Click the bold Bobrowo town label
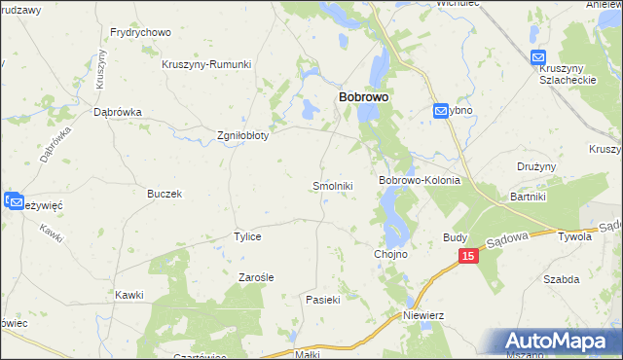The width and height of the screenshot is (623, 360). click(x=364, y=98)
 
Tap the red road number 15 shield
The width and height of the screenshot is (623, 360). click(x=468, y=256)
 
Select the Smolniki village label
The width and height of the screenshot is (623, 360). click(x=332, y=185)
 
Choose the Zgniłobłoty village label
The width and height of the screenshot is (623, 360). click(x=241, y=135)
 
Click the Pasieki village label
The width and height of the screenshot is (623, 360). click(x=322, y=300)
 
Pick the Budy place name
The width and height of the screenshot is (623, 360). click(x=455, y=236)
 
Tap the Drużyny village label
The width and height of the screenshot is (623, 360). click(x=536, y=166)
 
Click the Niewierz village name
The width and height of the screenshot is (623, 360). click(x=423, y=315)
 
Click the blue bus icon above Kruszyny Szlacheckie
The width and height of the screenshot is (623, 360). click(x=539, y=58)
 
